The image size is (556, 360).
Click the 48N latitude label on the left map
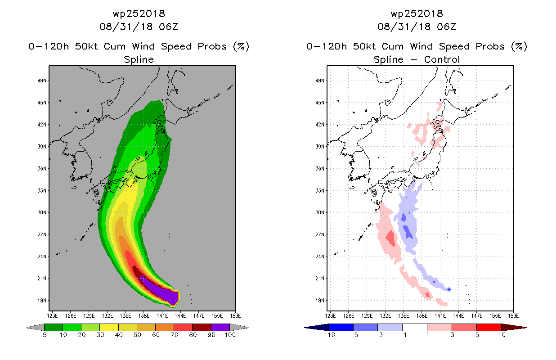pos(42,81)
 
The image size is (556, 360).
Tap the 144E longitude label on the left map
pos(180,316)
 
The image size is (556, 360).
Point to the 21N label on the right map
pos(320,279)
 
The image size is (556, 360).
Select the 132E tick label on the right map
pos(385,316)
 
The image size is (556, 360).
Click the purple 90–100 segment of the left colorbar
pos(220,327)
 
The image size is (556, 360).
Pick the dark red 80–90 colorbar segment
pos(202,327)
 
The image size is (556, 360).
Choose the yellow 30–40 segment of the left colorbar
pos(109,327)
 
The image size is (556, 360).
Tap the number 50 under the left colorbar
pos(137,335)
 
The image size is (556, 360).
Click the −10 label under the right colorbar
pos(329,335)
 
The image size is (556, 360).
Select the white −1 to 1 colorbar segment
pos(415,327)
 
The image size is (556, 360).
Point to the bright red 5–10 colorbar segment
pos(489,327)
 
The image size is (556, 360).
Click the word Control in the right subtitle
pos(442,60)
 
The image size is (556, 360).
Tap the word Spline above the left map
pos(139,60)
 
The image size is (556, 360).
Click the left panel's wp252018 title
pos(139,13)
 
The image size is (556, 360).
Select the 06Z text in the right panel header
pos(446,27)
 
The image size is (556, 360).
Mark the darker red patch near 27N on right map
pos(391,238)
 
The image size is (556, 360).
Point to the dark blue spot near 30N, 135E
pos(404,217)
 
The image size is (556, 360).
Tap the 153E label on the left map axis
pos(235,316)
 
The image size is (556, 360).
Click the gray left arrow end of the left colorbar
pos(35,327)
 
